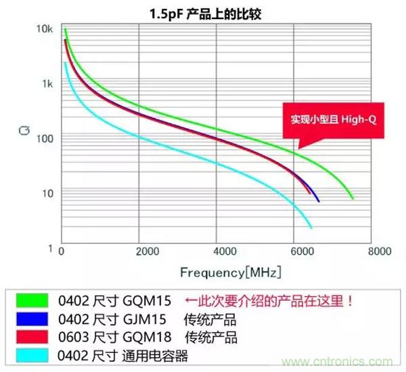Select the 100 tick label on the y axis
pyautogui.click(x=43, y=139)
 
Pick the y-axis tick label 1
pyautogui.click(x=49, y=249)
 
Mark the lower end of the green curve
pyautogui.click(x=353, y=198)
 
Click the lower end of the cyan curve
pyautogui.click(x=311, y=228)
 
